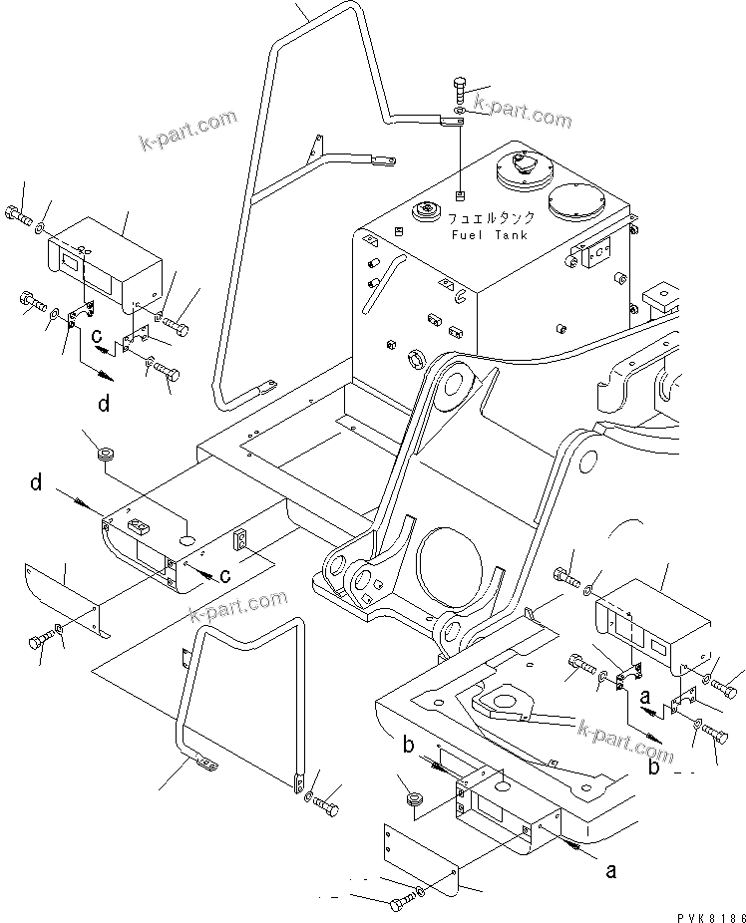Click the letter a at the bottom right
tap(610, 871)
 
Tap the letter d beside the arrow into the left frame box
tap(36, 483)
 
